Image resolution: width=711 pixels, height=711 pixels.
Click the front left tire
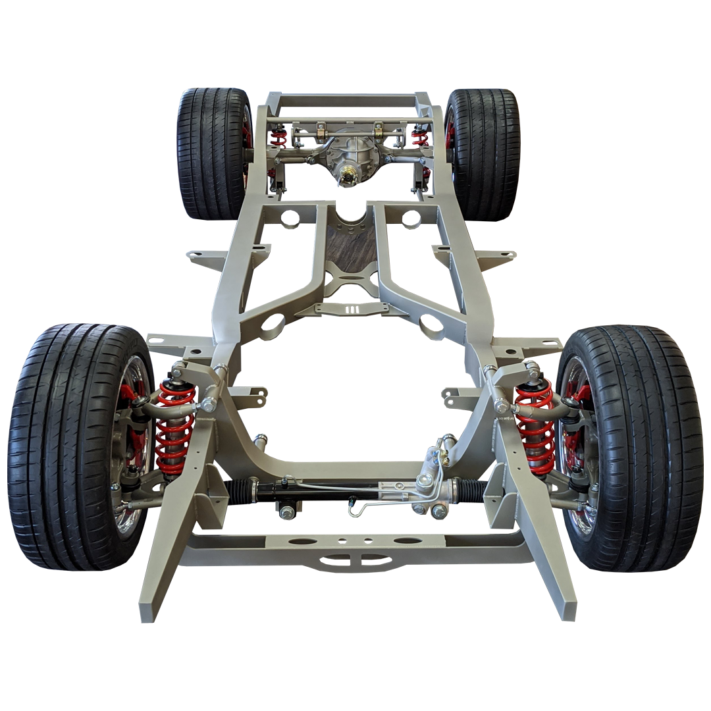pos(59,448)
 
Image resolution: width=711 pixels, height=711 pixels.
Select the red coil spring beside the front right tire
pos(535,425)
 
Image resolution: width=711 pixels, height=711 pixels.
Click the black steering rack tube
pos(316,490)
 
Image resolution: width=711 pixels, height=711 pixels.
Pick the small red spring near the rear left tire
pos(280,138)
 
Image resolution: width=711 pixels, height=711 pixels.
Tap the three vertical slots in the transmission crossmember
pos(352,309)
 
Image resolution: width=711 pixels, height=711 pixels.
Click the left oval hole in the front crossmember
pos(302,541)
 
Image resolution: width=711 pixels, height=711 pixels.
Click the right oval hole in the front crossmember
pos(408,541)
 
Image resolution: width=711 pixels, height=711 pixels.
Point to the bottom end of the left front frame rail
pos(150,612)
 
